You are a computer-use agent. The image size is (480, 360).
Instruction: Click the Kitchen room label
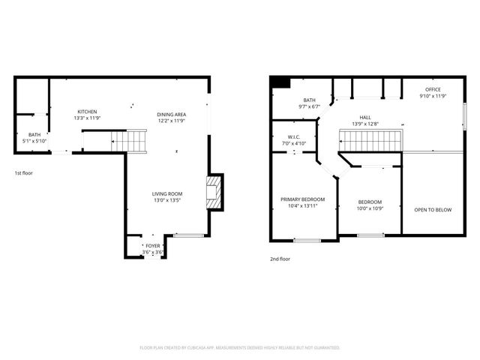(85, 112)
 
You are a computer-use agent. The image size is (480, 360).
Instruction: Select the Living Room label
(169, 194)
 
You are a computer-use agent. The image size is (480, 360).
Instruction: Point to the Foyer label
(153, 246)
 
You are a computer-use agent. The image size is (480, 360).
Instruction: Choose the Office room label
(433, 90)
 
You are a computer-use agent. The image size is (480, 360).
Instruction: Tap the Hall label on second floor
(365, 117)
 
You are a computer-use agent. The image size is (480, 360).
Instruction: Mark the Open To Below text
(433, 209)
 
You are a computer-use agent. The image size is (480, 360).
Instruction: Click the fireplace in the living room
(214, 192)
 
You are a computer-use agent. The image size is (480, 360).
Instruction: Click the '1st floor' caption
(23, 173)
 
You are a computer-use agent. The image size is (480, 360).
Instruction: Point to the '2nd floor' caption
(280, 259)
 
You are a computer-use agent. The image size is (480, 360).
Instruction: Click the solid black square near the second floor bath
(280, 83)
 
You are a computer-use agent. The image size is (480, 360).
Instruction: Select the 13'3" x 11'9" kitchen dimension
(86, 118)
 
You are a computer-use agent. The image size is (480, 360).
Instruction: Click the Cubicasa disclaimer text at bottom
(240, 348)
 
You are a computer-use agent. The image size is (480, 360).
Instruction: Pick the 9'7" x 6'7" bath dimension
(309, 106)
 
